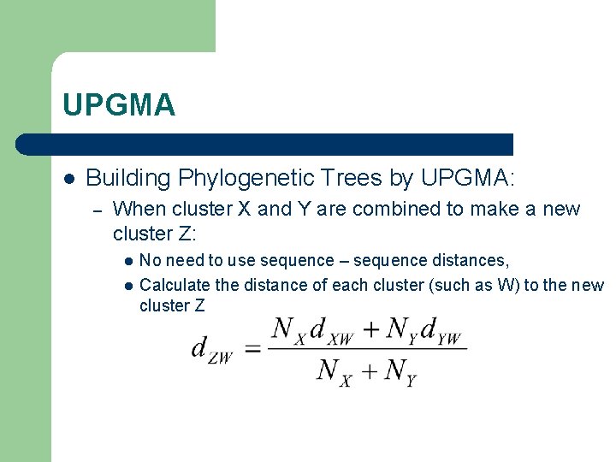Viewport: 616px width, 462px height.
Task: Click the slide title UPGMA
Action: click(x=119, y=105)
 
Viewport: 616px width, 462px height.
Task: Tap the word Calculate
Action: click(x=175, y=285)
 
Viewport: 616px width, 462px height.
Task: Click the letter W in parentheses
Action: click(x=506, y=285)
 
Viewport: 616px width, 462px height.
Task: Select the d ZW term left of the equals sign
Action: click(x=211, y=350)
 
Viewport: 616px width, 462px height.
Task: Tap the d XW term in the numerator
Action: click(x=329, y=330)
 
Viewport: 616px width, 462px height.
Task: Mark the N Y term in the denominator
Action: click(x=400, y=371)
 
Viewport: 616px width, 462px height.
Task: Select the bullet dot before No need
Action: click(x=127, y=261)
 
